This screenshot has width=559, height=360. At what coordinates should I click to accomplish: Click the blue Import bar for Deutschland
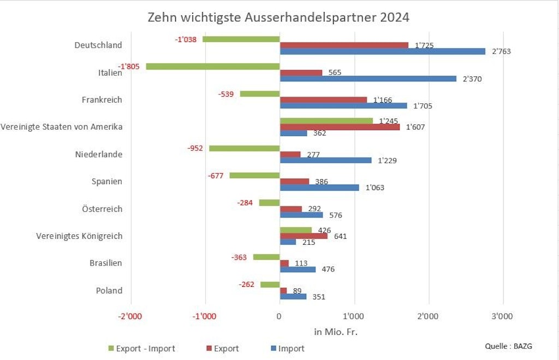tap(382, 51)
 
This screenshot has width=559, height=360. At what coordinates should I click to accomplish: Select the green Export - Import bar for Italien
tap(213, 66)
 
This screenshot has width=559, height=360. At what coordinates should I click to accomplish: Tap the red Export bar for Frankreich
tap(323, 100)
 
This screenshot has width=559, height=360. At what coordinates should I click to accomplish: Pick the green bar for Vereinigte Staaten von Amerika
tap(326, 121)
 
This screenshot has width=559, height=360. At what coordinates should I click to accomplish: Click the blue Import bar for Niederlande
tap(325, 161)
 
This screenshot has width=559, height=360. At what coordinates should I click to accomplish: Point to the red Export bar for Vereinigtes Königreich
tap(304, 236)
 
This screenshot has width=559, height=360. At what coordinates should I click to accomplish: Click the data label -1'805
tap(129, 67)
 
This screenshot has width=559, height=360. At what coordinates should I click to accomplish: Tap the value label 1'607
tap(415, 127)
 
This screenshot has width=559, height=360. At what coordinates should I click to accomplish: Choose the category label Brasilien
tap(105, 263)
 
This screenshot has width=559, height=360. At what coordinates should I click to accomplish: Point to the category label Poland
tap(109, 290)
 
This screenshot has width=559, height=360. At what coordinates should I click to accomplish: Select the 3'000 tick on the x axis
tap(502, 316)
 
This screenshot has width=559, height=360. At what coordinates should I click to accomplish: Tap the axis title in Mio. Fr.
tap(335, 332)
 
